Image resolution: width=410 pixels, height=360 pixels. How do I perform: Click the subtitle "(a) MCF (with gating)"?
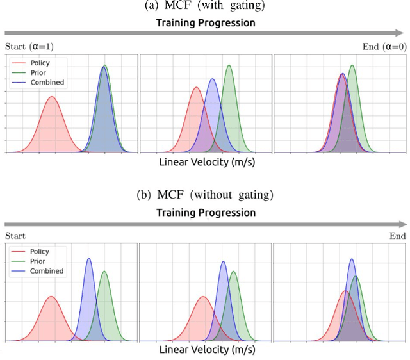click(x=205, y=7)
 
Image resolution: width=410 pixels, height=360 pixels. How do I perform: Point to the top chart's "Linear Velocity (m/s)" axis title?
click(x=206, y=162)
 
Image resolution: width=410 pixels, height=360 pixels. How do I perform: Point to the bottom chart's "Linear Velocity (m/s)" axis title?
click(x=206, y=350)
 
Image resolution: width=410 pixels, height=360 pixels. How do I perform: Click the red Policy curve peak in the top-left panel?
click(x=51, y=97)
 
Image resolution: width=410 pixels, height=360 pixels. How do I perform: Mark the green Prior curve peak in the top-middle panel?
click(x=229, y=65)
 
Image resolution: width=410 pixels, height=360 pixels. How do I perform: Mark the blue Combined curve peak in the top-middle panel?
click(x=212, y=79)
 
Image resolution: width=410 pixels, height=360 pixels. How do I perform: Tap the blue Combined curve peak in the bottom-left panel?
click(x=88, y=259)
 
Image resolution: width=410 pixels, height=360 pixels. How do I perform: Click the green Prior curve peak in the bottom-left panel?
click(x=104, y=272)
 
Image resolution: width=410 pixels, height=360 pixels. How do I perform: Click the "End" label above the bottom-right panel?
click(x=397, y=236)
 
